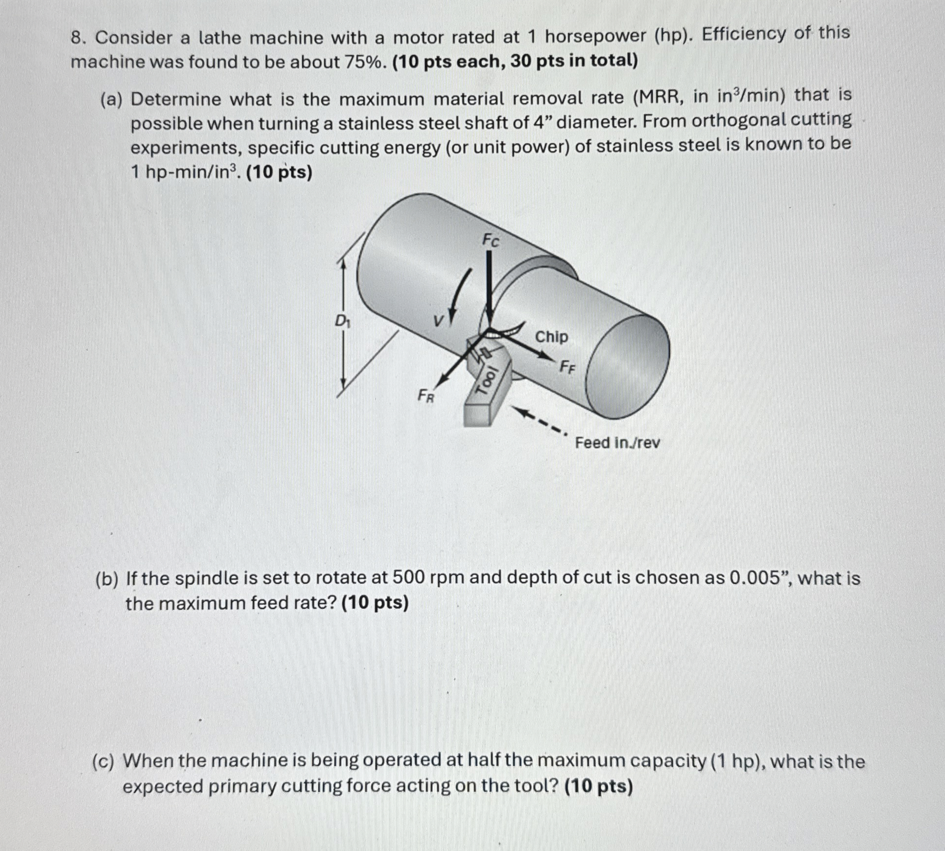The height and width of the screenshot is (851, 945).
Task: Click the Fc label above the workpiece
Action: [x=491, y=240]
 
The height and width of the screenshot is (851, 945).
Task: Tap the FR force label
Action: [x=425, y=395]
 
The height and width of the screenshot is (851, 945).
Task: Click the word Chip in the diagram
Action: [x=551, y=337]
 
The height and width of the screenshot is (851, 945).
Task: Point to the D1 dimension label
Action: [x=342, y=322]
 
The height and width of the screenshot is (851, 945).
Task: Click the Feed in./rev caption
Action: [x=617, y=443]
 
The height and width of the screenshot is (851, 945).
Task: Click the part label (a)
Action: [x=112, y=100]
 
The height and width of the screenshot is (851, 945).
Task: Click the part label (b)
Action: [x=107, y=579]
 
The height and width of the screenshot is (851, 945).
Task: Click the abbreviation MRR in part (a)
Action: [x=660, y=97]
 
